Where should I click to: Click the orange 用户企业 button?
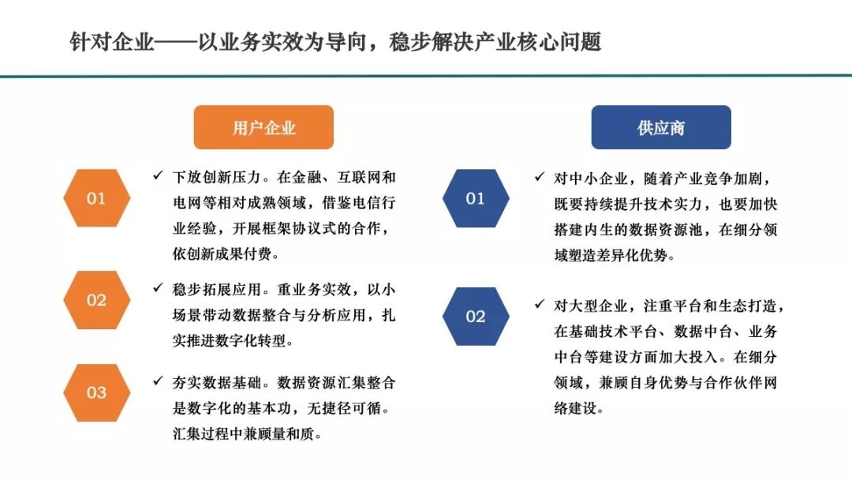coord(263,127)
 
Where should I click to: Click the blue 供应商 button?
coord(661,127)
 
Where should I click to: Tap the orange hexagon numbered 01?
coord(96,198)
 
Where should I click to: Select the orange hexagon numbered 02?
coord(96,299)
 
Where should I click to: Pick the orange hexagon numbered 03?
coord(96,392)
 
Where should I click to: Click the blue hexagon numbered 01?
coord(476,198)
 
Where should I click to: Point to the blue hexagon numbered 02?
coord(476,316)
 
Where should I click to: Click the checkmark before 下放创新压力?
coord(158,175)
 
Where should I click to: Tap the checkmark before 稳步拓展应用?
coord(158,287)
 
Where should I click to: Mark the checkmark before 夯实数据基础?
coord(158,381)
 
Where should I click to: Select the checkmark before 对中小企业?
coord(540,177)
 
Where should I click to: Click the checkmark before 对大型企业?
coord(540,304)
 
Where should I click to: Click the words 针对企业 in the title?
coord(112,42)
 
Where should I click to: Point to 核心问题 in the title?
coord(559,42)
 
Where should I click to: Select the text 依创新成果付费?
coord(222,254)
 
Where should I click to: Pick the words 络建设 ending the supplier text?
coord(575,408)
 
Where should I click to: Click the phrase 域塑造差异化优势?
coord(611,255)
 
